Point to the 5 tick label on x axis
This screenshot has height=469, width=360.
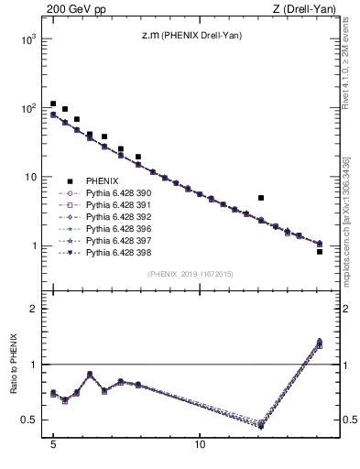click(53, 453)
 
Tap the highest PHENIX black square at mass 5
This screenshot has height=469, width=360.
click(53, 104)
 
